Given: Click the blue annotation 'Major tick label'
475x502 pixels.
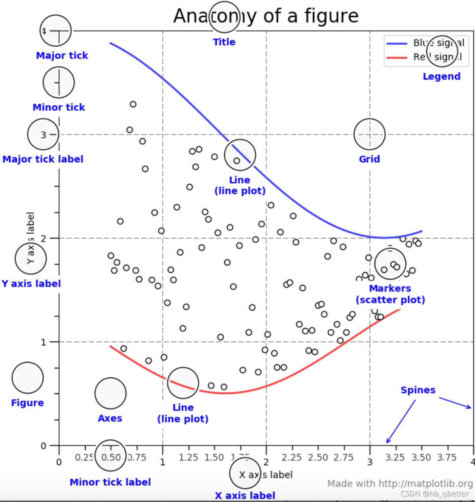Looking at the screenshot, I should point(43,159).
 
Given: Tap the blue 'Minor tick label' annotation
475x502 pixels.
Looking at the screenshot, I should point(110,482).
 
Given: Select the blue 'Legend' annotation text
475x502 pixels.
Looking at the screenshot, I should point(441,76).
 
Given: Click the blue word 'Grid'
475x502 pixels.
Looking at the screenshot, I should point(369,159).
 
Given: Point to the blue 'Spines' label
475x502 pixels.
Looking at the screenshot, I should point(418,390).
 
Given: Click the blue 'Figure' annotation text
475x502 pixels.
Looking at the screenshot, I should point(27,403).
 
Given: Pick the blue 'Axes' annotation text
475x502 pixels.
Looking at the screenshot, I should point(110,418).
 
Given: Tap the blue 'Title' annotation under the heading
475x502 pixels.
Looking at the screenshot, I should point(224,42).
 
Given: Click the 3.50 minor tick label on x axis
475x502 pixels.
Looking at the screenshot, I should point(421,458).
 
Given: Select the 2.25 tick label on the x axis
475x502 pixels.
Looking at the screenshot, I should point(291,458).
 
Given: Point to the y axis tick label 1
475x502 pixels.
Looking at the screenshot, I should point(44,342).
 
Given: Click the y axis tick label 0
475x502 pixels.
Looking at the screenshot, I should point(44,446).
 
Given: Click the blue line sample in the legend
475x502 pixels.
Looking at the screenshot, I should point(397,43).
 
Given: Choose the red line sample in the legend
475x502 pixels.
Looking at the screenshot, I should point(397,57).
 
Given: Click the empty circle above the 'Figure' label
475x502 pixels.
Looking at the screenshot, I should point(27,378).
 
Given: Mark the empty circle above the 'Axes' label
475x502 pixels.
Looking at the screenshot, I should point(110,393).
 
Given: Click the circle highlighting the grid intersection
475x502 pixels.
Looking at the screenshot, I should point(369,134).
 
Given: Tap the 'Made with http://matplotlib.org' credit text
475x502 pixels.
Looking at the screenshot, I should point(400,483).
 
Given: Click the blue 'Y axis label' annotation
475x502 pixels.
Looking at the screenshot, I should point(31,284).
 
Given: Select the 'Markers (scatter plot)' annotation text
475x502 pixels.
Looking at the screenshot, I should point(390,294).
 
